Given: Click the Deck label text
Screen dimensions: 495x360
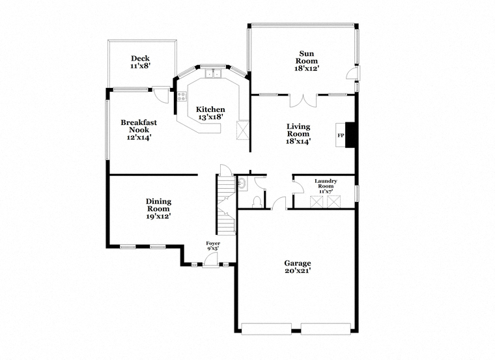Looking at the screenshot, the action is pos(141,59).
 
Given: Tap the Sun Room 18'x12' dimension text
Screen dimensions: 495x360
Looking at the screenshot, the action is pos(305,68).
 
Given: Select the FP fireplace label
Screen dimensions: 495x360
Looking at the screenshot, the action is pos(341,135).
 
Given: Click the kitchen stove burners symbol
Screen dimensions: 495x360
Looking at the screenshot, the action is pos(182,96).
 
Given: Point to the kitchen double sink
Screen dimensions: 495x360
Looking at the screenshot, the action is pos(213,73).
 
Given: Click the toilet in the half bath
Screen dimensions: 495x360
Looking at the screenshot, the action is pos(257,202).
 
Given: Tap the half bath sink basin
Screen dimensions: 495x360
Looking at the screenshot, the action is pos(242,184).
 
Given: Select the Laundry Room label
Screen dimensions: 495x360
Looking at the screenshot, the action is pos(326,184).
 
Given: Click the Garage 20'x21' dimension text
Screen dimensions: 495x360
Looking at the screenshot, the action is pos(298,271).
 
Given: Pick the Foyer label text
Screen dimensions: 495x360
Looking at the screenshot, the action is pos(213,243).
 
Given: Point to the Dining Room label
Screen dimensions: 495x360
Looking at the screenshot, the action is pos(158,205).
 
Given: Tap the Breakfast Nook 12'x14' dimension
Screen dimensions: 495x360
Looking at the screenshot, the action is pos(139,137).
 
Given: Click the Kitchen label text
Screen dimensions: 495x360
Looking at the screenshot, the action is pos(210,109).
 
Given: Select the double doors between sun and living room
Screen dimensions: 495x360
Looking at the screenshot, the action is pos(303,101).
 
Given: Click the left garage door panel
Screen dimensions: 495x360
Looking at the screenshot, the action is pos(266,329).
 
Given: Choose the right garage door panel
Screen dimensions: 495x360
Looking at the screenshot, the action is pos(326,329).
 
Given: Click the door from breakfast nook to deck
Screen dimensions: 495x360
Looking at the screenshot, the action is pos(161,94).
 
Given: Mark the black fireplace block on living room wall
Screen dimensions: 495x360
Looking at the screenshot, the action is pos(350,135).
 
